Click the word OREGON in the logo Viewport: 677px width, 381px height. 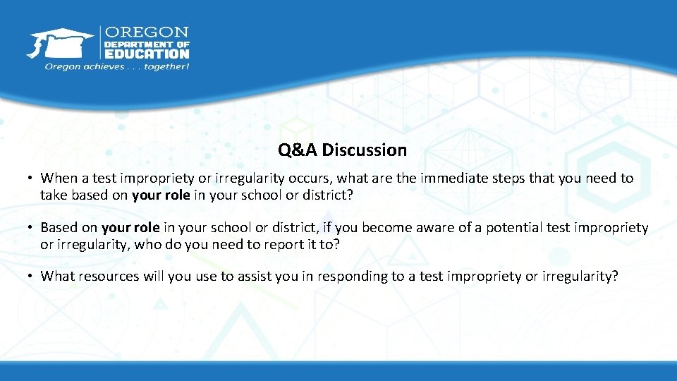[147, 32]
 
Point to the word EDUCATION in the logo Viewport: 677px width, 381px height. [147, 53]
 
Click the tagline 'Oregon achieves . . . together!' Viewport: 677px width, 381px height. [116, 66]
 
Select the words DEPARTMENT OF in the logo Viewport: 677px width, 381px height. [147, 43]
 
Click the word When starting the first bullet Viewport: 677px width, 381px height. [57, 179]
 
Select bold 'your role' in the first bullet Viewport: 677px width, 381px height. [161, 195]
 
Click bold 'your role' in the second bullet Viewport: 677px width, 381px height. [130, 228]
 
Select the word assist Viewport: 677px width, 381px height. [259, 277]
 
